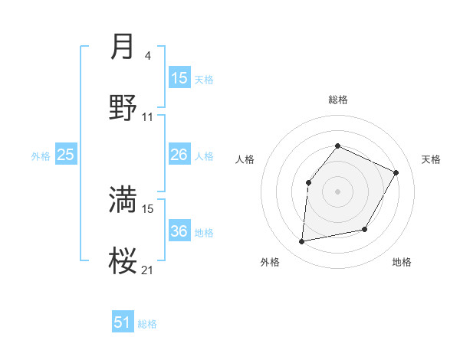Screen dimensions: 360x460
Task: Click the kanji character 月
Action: click(123, 47)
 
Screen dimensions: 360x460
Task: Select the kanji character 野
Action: click(123, 109)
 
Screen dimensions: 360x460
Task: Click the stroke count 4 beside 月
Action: click(147, 56)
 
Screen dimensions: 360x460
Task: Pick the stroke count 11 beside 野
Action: click(148, 117)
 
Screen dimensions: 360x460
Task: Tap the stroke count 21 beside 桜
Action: click(148, 270)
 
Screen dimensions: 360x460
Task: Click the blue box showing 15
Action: click(179, 78)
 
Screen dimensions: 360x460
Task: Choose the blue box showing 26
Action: click(179, 155)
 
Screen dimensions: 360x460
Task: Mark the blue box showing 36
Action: click(179, 231)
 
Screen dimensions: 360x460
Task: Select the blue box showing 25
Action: click(66, 155)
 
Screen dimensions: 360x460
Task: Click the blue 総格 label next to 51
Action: click(147, 324)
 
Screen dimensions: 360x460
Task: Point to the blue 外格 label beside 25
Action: click(41, 156)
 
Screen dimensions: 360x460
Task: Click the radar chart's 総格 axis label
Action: click(337, 100)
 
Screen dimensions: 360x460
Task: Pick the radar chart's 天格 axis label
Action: click(431, 159)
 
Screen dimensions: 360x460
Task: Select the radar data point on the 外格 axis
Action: click(302, 242)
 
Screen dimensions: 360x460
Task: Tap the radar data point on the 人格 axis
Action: click(308, 182)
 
